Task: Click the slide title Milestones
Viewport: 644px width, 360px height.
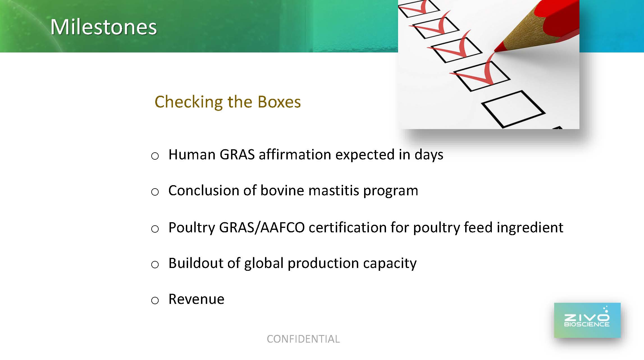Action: (x=104, y=27)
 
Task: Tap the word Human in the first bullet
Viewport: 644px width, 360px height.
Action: (x=192, y=154)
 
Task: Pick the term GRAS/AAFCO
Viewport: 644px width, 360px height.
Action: (x=262, y=227)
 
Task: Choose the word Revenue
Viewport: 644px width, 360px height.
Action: (x=196, y=299)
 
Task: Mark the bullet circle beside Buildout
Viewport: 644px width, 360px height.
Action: (x=155, y=265)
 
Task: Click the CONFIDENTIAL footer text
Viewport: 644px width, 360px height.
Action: (x=303, y=339)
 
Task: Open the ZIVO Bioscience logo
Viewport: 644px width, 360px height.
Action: (x=587, y=320)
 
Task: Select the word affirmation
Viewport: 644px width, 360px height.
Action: (x=295, y=154)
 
